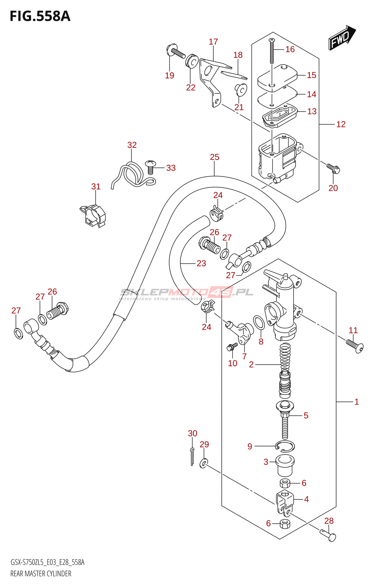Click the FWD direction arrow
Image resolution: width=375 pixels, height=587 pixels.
(x=341, y=37)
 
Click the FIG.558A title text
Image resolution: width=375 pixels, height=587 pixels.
(x=40, y=17)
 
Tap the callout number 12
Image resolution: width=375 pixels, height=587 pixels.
(x=341, y=124)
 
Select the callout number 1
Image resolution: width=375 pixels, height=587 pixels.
(x=356, y=402)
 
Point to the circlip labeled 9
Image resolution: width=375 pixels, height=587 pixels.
(x=285, y=446)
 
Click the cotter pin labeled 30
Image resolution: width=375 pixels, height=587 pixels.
(x=192, y=457)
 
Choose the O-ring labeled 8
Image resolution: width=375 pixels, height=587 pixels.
(x=259, y=322)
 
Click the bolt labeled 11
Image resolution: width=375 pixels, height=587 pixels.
(x=354, y=346)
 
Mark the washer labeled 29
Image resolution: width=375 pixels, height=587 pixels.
(x=204, y=463)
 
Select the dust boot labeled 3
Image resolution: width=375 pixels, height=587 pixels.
(x=285, y=465)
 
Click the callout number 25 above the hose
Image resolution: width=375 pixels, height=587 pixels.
(x=215, y=157)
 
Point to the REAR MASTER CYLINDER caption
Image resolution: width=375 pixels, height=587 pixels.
(x=41, y=573)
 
